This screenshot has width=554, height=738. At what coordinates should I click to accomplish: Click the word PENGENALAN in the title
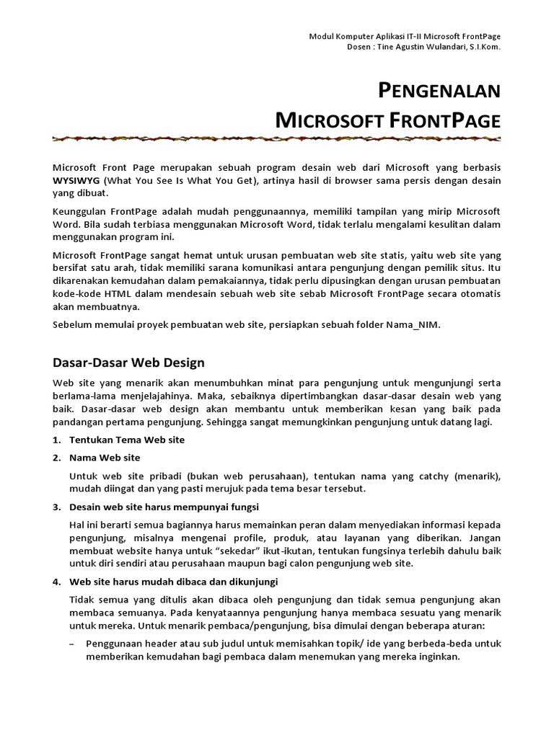(x=439, y=91)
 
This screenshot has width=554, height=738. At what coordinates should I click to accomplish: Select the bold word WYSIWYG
(x=77, y=179)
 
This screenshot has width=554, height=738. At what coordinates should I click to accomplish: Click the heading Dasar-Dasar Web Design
(x=129, y=363)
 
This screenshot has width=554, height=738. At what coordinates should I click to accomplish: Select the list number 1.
(x=57, y=440)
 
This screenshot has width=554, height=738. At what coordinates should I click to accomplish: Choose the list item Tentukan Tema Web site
(x=127, y=440)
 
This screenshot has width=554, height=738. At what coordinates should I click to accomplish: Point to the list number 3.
(x=57, y=507)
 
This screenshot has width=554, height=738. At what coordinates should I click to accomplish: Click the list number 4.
(x=57, y=581)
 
